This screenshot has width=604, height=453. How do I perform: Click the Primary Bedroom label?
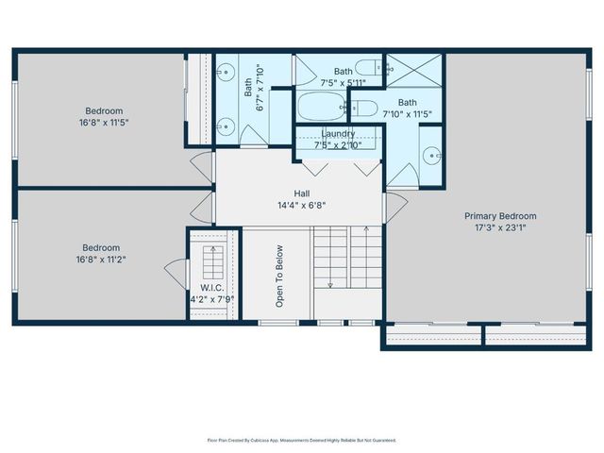pyautogui.click(x=500, y=216)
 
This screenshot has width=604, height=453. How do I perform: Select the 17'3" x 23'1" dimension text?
pyautogui.click(x=500, y=227)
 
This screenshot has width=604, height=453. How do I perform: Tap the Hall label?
pyautogui.click(x=301, y=193)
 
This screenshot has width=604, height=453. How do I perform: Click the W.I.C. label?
pyautogui.click(x=210, y=288)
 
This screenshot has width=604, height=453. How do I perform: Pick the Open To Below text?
pyautogui.click(x=279, y=277)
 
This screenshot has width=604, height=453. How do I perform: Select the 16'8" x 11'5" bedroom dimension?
pyautogui.click(x=104, y=122)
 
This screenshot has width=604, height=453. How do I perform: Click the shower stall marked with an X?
pyautogui.click(x=413, y=70)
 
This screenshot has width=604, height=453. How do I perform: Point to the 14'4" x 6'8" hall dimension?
pyautogui.click(x=301, y=205)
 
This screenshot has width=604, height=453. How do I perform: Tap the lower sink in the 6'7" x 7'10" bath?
pyautogui.click(x=226, y=123)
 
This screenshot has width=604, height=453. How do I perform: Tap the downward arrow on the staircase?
pyautogui.click(x=330, y=282)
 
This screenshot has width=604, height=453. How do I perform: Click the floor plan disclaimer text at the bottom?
pyautogui.click(x=301, y=440)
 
